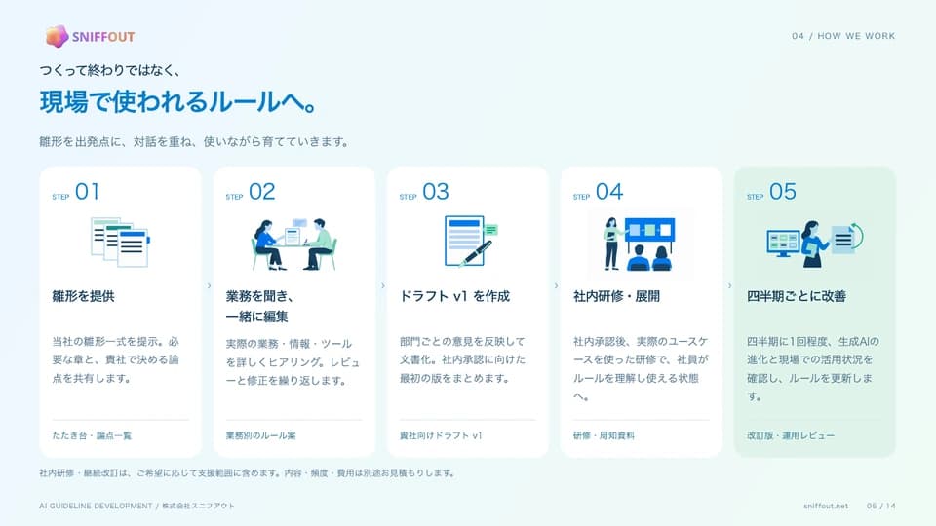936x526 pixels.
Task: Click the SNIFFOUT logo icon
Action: click(x=57, y=36)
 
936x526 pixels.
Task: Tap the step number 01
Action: click(x=87, y=192)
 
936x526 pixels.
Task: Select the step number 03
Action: click(x=435, y=192)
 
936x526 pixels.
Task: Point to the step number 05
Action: click(x=783, y=192)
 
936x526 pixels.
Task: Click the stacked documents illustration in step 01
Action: click(x=120, y=243)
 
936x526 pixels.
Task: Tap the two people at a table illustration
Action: click(x=293, y=244)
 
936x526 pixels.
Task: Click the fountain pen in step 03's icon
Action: click(x=476, y=253)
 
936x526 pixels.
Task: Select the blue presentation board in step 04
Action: click(x=650, y=230)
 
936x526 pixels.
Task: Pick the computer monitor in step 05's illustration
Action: click(x=783, y=244)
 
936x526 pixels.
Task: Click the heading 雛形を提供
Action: click(x=83, y=296)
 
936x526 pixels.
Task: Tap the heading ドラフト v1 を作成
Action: click(x=455, y=296)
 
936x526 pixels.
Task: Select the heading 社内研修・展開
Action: click(x=616, y=296)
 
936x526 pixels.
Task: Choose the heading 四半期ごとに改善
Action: click(x=797, y=296)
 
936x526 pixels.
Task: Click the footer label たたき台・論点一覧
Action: click(x=92, y=435)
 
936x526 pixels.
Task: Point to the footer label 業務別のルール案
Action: click(x=261, y=435)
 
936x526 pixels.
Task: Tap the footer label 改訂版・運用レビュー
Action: click(x=791, y=435)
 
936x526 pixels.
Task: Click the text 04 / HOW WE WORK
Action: click(x=843, y=36)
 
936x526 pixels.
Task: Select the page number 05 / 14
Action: click(x=881, y=506)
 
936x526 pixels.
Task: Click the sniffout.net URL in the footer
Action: click(x=826, y=506)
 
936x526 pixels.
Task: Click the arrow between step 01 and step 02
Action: click(x=209, y=286)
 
